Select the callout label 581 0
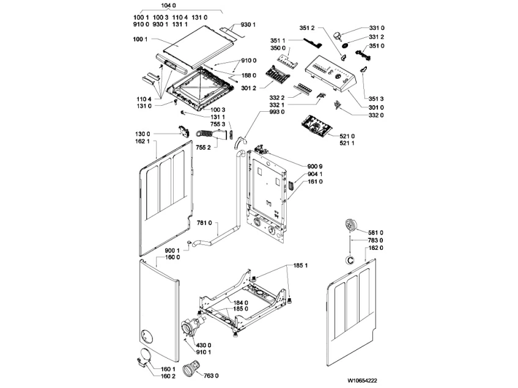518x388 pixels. pyautogui.click(x=376, y=233)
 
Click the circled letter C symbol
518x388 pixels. pyautogui.click(x=350, y=260)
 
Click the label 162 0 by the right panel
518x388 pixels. pyautogui.click(x=376, y=249)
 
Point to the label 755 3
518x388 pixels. pyautogui.click(x=218, y=125)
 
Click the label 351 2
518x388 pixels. pyautogui.click(x=307, y=28)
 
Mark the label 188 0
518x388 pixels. pyautogui.click(x=250, y=75)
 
